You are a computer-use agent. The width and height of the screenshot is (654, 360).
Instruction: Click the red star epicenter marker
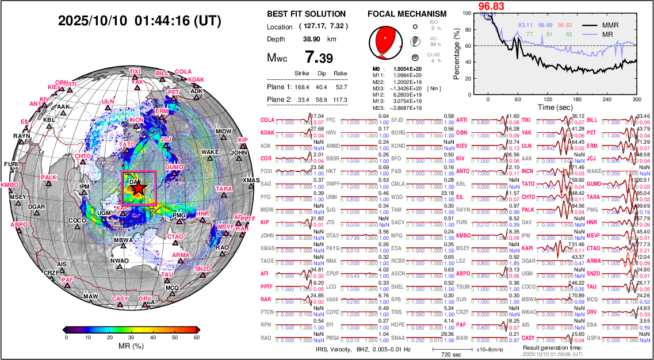pyautogui.click(x=139, y=187)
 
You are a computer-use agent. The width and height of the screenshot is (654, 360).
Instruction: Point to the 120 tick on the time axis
pyautogui.click(x=548, y=99)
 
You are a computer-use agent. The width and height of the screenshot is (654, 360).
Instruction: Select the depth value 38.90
pyautogui.click(x=311, y=39)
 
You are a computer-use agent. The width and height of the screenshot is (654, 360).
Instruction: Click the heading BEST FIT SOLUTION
pyautogui.click(x=306, y=14)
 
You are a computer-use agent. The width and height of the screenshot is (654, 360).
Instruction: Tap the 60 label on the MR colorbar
pyautogui.click(x=196, y=338)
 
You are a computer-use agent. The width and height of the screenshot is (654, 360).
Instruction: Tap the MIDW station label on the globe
pyautogui.click(x=223, y=132)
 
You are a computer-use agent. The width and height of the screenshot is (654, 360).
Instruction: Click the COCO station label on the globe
pyautogui.click(x=77, y=220)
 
